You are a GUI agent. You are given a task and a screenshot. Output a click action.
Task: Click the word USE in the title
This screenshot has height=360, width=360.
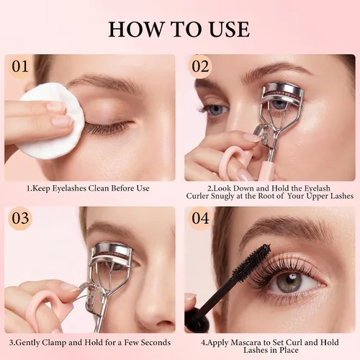tap(230, 30)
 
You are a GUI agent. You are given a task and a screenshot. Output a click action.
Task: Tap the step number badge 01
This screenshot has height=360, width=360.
tap(20, 66)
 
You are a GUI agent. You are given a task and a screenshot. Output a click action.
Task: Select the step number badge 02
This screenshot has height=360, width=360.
tap(200, 66)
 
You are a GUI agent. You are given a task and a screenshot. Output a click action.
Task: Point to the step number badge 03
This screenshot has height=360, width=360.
tap(20, 218)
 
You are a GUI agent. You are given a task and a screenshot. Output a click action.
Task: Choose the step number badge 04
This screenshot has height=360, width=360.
tap(200, 218)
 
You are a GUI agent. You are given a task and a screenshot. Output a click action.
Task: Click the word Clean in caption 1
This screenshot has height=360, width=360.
tap(99, 188)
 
